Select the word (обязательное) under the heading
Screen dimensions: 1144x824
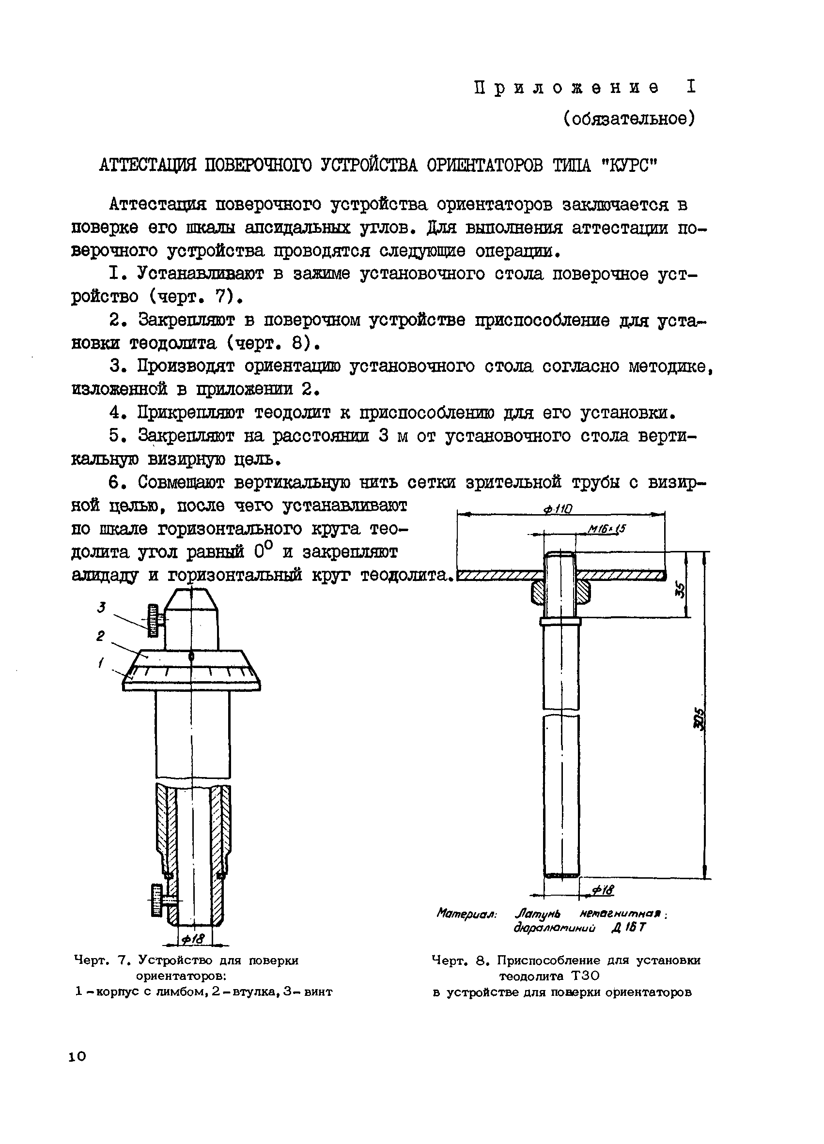629,119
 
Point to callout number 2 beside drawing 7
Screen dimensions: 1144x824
100,637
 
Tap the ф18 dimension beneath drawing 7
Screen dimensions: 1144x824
193,939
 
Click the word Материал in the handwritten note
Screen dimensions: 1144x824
467,914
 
